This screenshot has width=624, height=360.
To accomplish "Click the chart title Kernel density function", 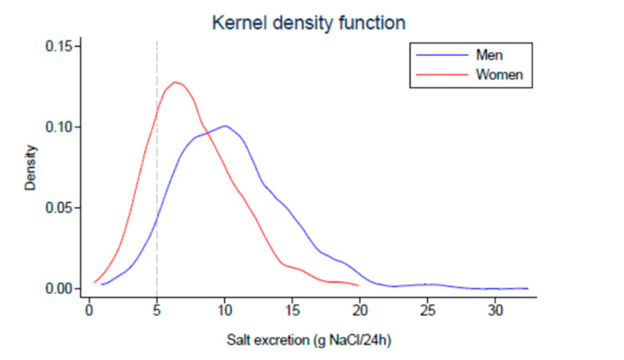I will [309, 23].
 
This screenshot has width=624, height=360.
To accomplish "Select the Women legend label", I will [499, 75].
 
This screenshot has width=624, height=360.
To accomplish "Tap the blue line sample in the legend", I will [442, 55].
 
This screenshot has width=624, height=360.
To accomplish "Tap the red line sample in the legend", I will [442, 75].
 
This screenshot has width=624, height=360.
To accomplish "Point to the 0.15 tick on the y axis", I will [59, 46].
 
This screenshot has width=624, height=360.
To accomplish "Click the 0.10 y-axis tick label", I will [59, 127].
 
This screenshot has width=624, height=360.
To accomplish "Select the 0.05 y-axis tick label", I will [59, 208].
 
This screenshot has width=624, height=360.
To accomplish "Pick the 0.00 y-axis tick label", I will [59, 289].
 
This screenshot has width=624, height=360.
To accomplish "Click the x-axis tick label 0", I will [89, 310].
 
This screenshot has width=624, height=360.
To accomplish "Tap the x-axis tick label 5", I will [157, 310].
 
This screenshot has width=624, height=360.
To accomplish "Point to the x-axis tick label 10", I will [225, 310].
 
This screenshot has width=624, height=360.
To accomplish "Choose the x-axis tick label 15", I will [292, 310].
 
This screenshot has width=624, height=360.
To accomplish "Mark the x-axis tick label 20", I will [360, 310].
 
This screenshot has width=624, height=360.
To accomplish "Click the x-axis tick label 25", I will [428, 310].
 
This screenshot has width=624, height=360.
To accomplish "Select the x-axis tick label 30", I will [495, 310].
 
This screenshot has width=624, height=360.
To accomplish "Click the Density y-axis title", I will [30, 167].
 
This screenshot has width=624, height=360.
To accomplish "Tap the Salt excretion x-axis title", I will [309, 340].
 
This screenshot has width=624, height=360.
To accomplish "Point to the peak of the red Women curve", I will [175, 82].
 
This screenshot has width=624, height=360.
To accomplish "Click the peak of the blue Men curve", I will [225, 126].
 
